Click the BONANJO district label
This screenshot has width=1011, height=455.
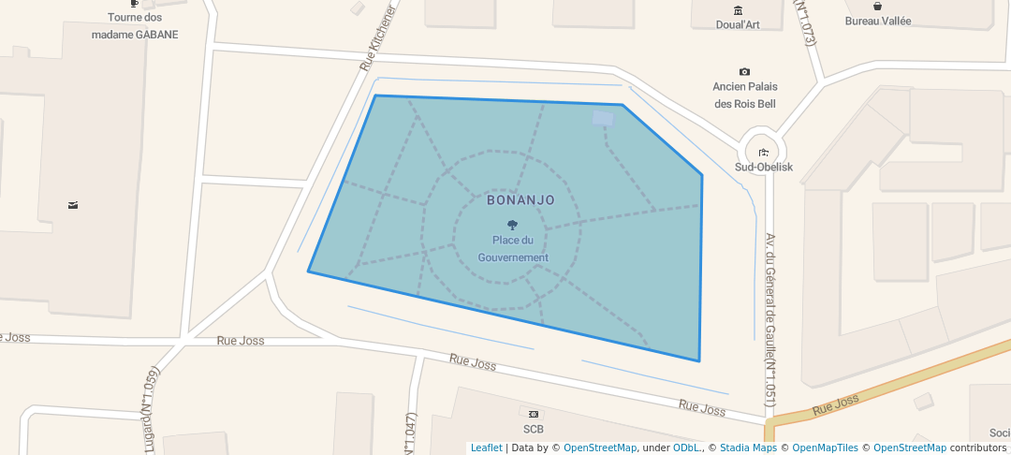(520, 200)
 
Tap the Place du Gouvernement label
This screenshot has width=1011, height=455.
(513, 249)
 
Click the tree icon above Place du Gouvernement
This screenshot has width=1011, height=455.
(512, 225)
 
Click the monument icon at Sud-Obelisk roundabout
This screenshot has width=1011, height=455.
(764, 153)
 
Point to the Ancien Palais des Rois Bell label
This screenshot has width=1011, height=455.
(745, 95)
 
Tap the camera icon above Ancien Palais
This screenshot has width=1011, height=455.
(744, 72)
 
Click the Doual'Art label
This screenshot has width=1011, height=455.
(738, 25)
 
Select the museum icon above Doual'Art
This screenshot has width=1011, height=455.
(738, 10)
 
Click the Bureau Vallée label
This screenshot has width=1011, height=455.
(877, 21)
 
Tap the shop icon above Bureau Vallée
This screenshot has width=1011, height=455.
(877, 6)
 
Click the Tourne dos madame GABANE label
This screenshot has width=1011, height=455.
(135, 26)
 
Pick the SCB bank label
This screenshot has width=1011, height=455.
(534, 430)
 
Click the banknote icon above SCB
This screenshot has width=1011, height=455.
(534, 414)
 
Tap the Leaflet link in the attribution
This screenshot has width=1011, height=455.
(486, 448)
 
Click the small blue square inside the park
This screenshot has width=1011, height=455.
(604, 118)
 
